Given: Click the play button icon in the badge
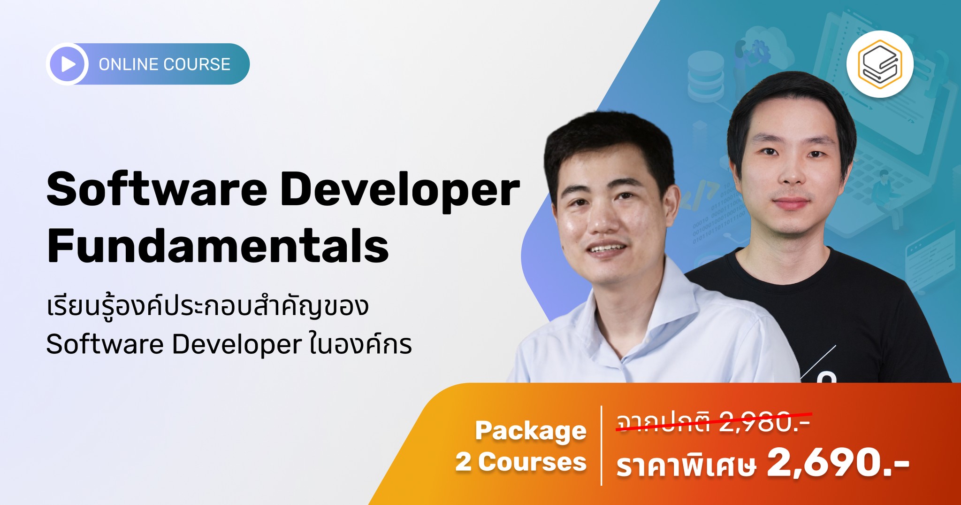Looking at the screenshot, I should click(x=68, y=64).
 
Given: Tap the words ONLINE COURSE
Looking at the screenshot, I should click(x=164, y=64).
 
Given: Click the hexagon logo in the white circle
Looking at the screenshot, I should click(x=880, y=64).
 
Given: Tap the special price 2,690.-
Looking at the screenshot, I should click(x=838, y=462).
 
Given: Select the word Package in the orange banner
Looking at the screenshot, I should click(x=530, y=430).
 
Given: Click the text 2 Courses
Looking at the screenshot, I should click(x=521, y=462).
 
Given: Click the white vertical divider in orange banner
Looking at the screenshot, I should click(x=601, y=445).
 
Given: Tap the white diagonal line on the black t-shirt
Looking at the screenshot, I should click(x=818, y=362).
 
